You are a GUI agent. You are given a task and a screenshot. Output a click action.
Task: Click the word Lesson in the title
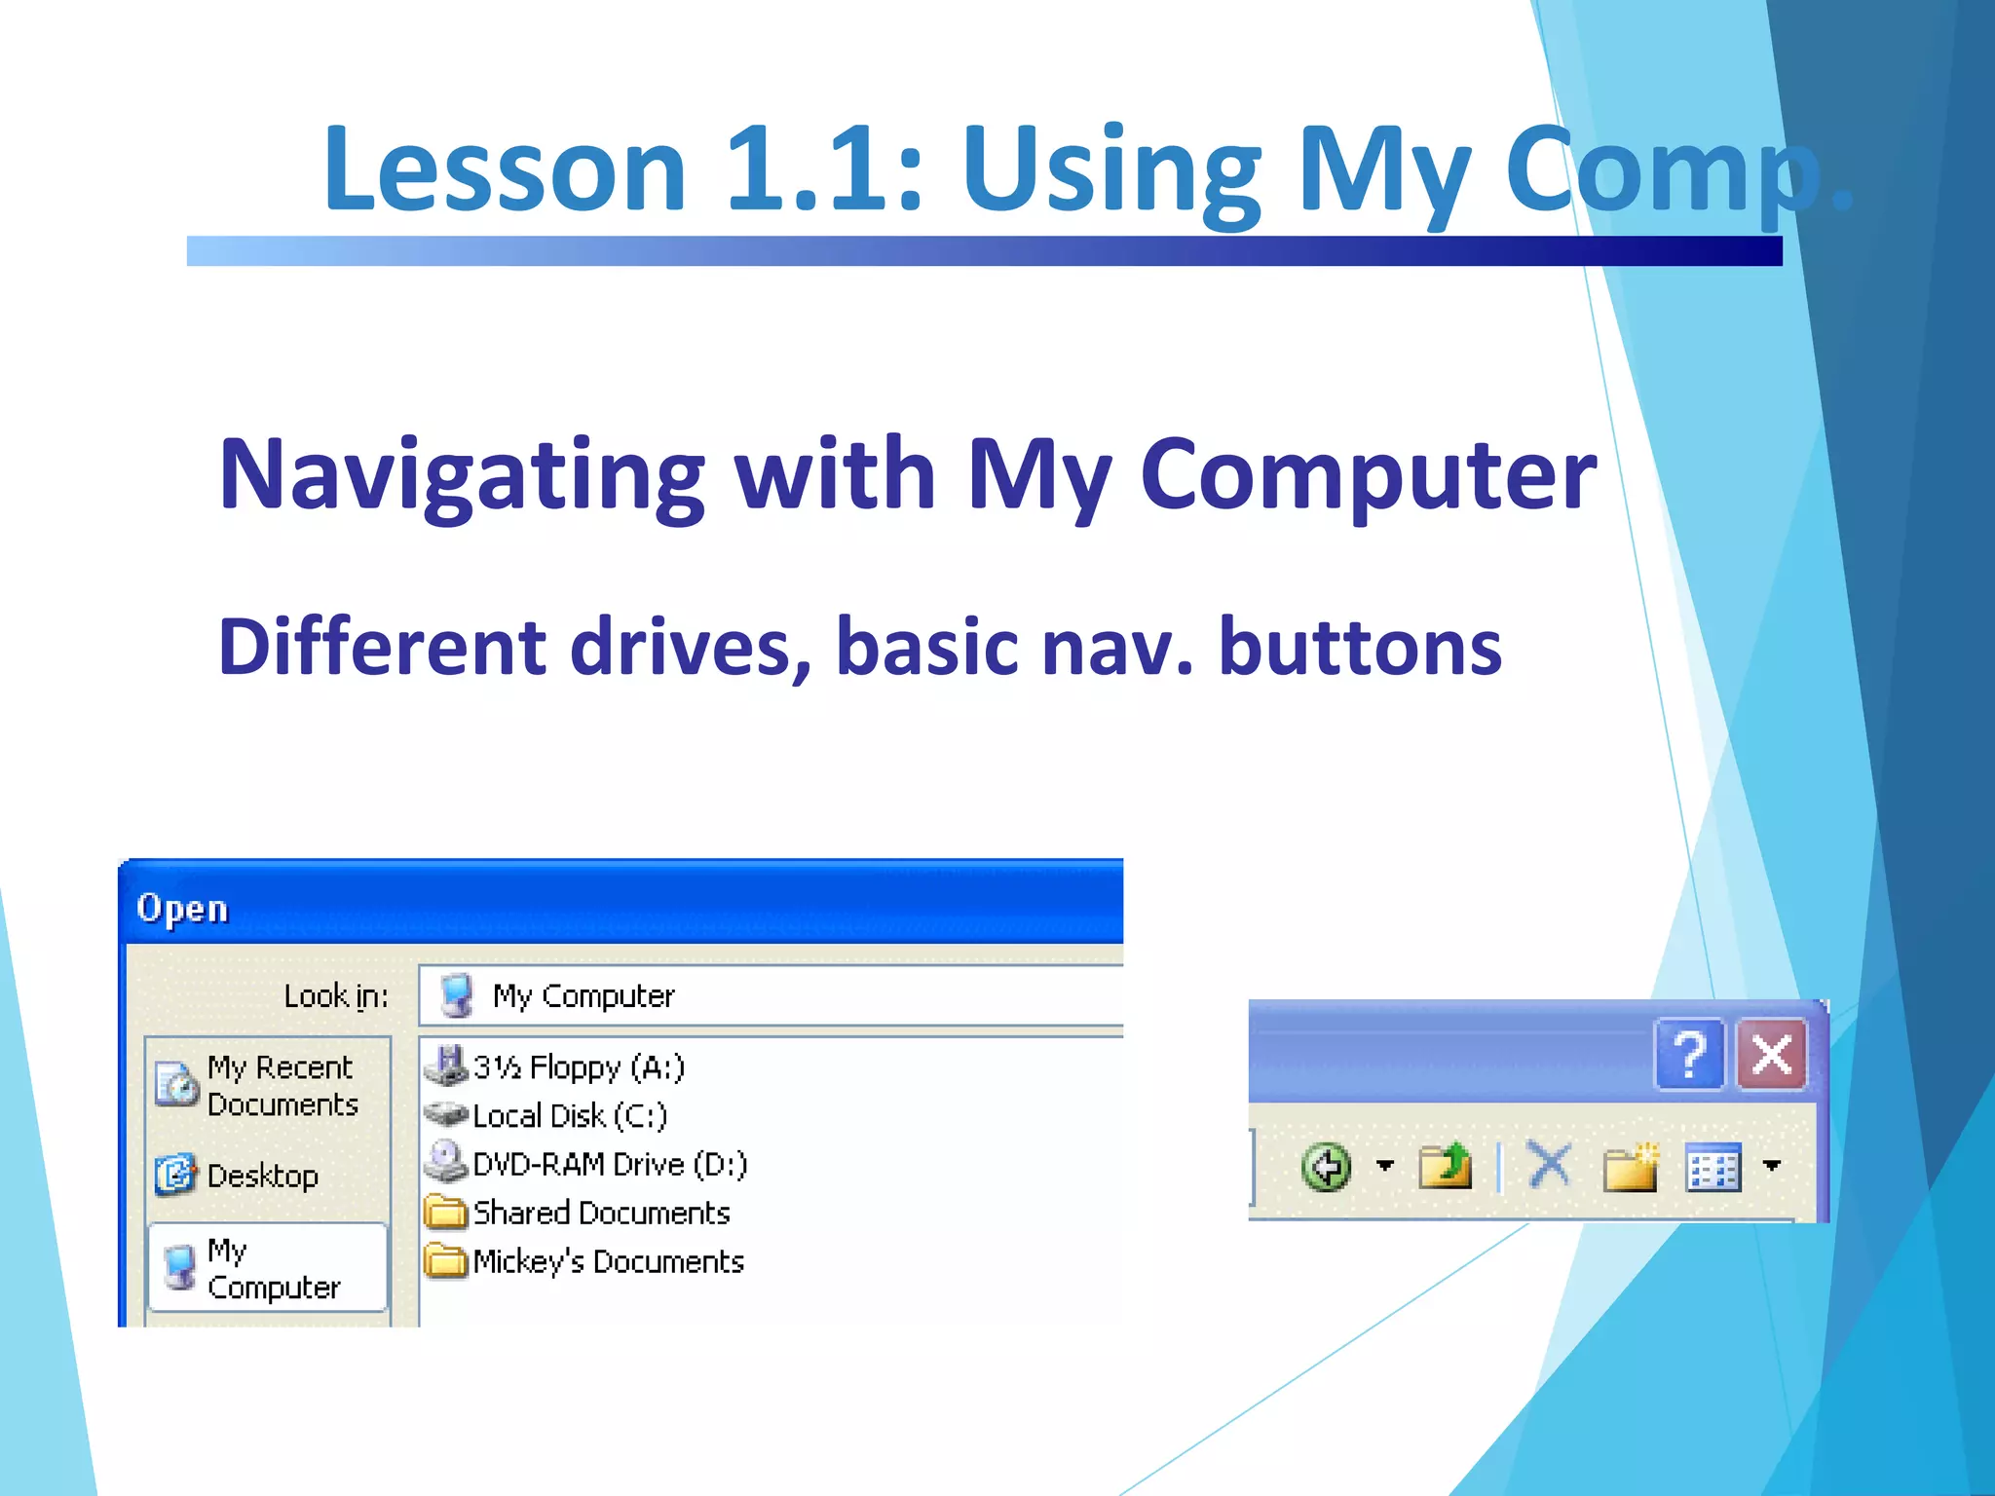click(505, 168)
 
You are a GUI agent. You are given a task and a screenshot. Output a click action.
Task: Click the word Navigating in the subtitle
click(462, 474)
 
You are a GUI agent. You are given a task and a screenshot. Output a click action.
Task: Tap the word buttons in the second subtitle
click(1360, 648)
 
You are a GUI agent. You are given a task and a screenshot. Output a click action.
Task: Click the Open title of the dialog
click(182, 908)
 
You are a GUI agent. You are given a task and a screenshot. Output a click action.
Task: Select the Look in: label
click(335, 995)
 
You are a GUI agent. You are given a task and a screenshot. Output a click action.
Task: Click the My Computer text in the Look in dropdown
click(583, 995)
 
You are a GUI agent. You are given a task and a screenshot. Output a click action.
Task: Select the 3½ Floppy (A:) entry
click(578, 1067)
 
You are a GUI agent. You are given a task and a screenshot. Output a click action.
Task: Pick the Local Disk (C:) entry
click(569, 1116)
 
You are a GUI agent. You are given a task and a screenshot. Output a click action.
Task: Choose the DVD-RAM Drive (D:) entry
click(609, 1165)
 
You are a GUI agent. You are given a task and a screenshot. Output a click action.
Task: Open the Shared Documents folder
click(600, 1214)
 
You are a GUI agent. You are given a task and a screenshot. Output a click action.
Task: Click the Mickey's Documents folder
click(607, 1262)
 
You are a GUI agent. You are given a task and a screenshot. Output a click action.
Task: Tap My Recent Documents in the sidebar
click(280, 1086)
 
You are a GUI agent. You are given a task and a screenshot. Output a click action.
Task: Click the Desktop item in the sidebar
click(261, 1176)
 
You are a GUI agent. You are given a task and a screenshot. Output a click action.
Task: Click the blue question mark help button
click(1689, 1055)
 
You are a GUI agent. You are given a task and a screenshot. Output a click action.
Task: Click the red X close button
click(1772, 1055)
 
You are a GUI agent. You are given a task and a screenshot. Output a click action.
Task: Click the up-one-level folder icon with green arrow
click(1445, 1166)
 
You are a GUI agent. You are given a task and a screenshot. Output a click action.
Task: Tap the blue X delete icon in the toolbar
click(1549, 1166)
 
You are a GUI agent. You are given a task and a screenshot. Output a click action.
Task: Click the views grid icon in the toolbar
click(1713, 1167)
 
